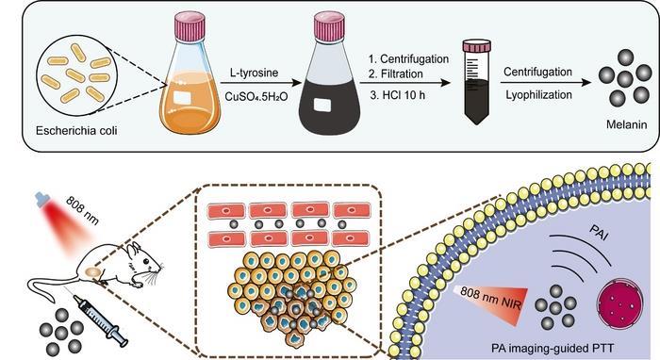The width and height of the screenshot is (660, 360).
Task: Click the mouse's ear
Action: click(x=135, y=247)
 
